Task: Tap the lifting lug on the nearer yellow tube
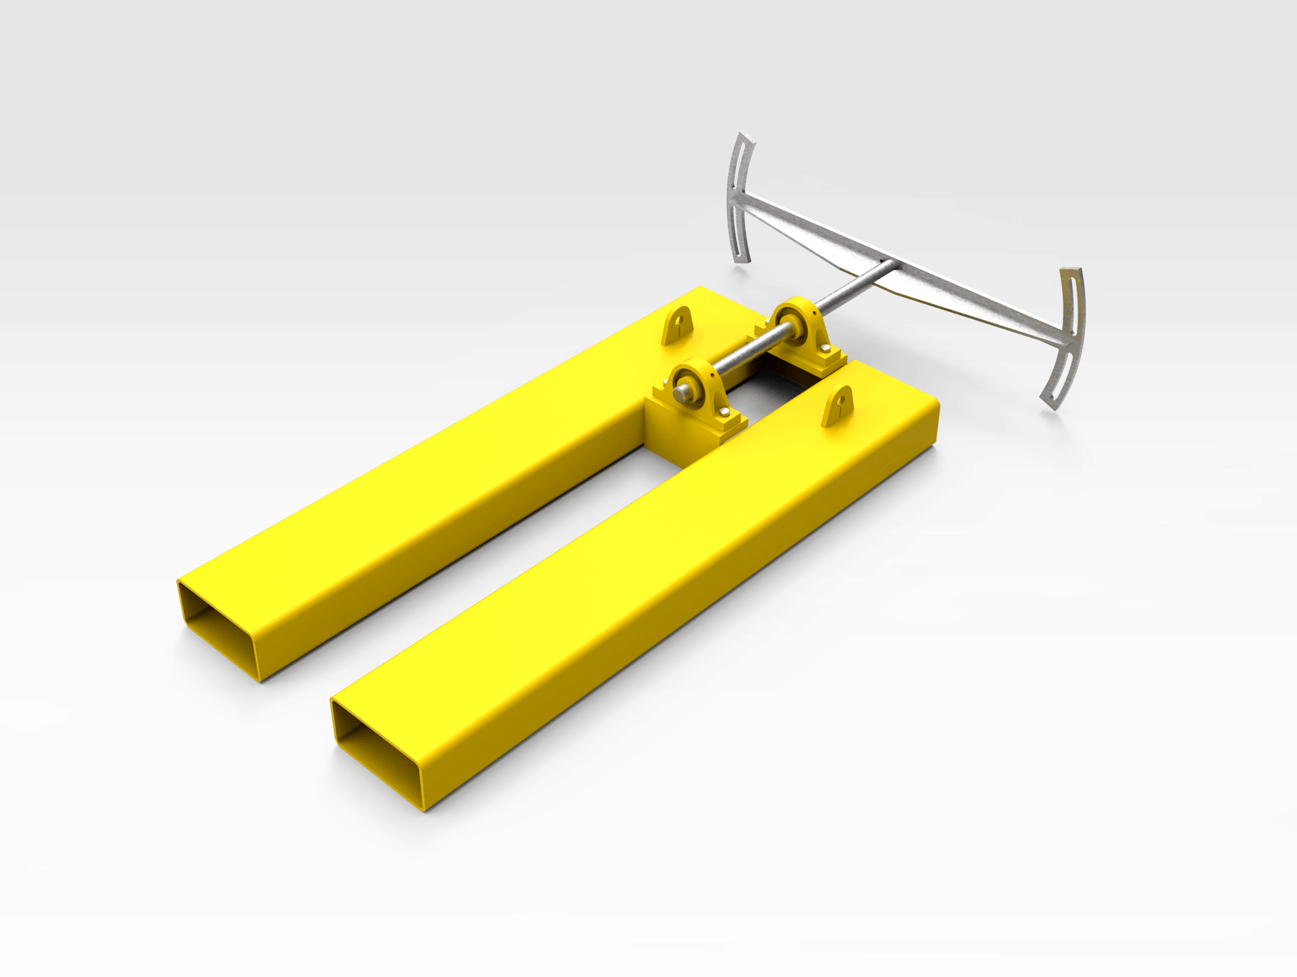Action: pyautogui.click(x=838, y=406)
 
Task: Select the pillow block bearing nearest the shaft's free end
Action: pyautogui.click(x=698, y=392)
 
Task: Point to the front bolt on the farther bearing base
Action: pyautogui.click(x=825, y=348)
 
